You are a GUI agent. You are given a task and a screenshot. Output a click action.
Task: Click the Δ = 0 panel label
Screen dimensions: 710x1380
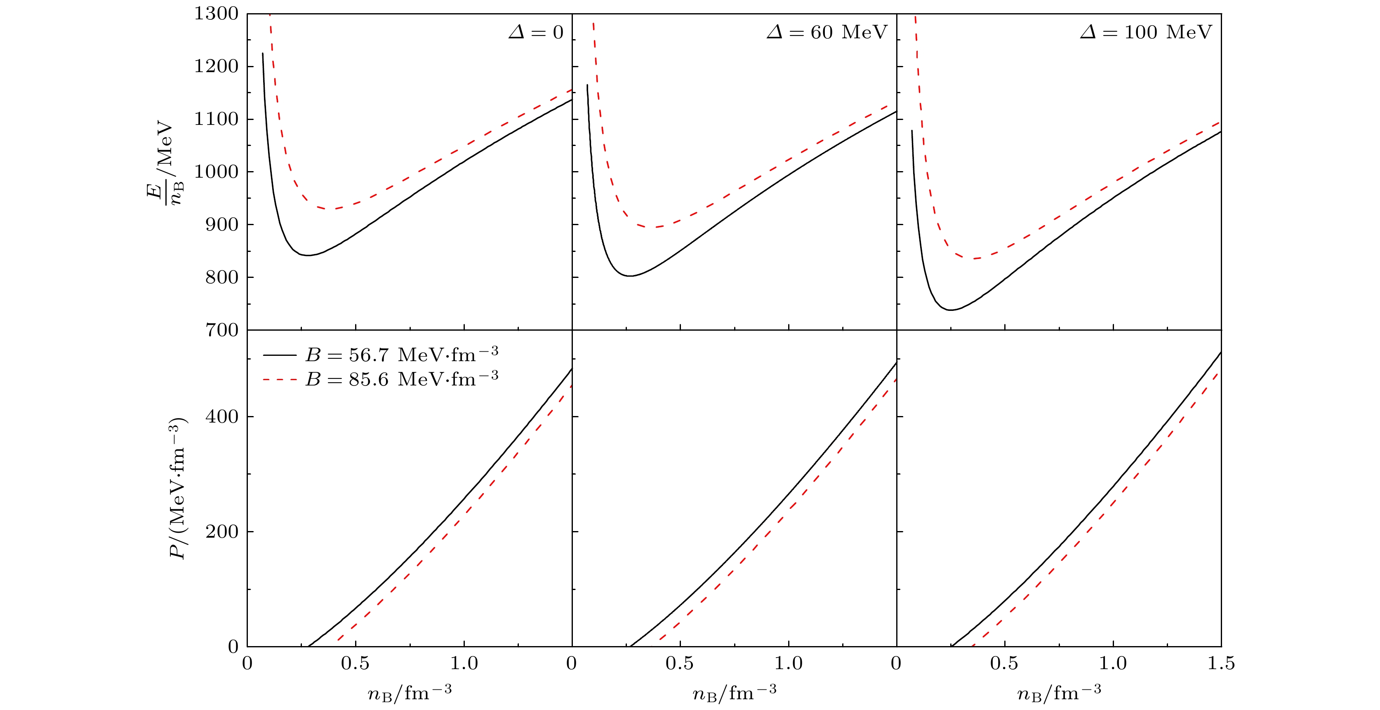click(x=536, y=33)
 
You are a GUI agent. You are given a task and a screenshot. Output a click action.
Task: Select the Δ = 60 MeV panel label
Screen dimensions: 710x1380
click(x=827, y=33)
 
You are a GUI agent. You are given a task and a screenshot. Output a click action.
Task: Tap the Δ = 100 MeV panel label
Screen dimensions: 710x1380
click(x=1146, y=33)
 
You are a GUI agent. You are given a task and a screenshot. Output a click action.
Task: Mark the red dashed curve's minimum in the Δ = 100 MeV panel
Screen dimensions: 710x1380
click(x=976, y=259)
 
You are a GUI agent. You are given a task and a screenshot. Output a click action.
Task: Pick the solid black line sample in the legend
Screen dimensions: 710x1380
click(x=279, y=355)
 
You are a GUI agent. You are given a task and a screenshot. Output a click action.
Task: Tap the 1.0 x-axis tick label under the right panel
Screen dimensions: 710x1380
click(x=1113, y=663)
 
